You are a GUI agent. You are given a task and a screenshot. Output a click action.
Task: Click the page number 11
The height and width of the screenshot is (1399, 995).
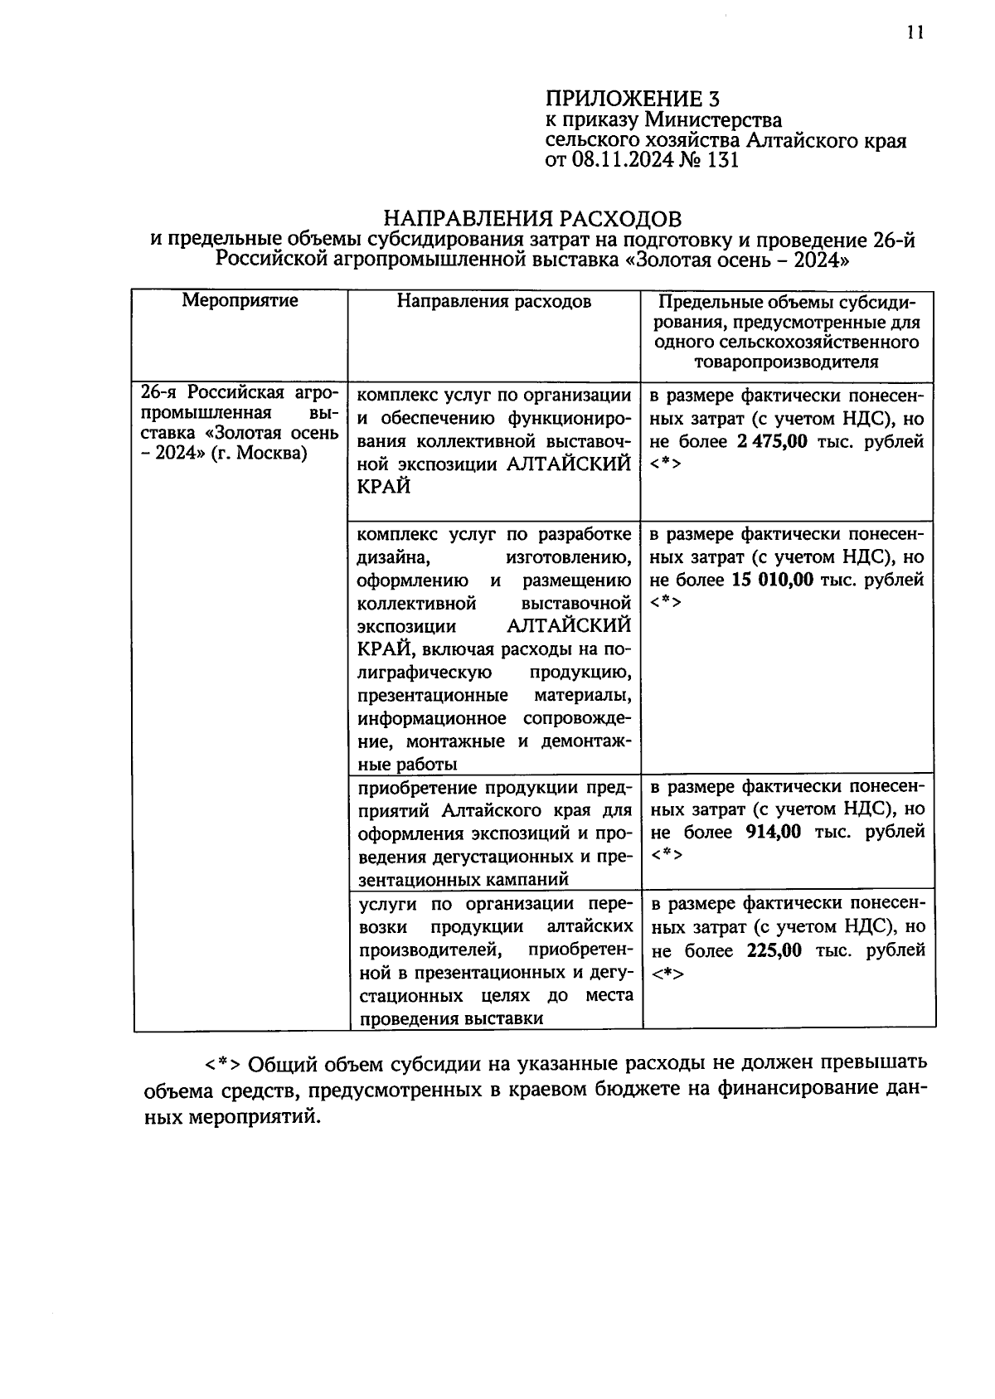(x=915, y=32)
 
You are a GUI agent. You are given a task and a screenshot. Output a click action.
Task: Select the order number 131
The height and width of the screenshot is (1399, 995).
(x=721, y=161)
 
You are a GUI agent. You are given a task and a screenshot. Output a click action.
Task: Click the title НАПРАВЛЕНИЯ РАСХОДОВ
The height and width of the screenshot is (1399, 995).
(x=532, y=218)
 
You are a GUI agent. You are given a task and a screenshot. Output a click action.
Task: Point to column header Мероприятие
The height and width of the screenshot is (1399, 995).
(x=240, y=300)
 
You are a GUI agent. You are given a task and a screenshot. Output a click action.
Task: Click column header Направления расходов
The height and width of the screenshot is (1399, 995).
(x=493, y=301)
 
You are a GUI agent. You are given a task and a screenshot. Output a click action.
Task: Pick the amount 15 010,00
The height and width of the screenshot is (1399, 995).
(x=773, y=580)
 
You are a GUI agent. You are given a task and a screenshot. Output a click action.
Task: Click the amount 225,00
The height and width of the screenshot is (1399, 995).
(x=774, y=951)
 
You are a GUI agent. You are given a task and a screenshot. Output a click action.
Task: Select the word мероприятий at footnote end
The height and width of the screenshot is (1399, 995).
(x=252, y=1117)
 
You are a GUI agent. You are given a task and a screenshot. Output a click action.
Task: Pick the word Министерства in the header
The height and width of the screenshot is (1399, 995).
(x=714, y=120)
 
